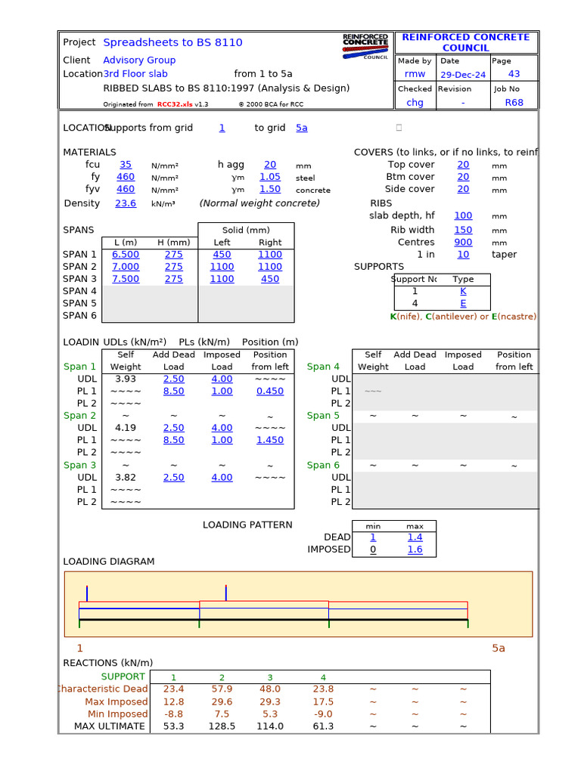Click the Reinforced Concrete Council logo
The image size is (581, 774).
point(365,46)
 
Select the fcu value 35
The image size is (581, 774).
point(126,165)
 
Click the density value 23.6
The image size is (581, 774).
point(126,203)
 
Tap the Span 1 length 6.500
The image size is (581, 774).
point(126,255)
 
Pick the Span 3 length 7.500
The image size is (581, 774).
point(126,279)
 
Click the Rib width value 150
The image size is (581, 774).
point(463,231)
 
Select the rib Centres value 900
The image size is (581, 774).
point(463,243)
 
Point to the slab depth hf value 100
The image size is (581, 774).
point(463,216)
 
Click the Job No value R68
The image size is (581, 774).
point(514,103)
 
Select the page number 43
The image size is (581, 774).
point(514,74)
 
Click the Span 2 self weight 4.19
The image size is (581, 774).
point(126,428)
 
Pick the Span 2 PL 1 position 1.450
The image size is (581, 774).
point(270,440)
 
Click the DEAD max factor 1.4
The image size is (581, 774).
point(415,537)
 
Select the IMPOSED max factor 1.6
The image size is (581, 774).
point(415,550)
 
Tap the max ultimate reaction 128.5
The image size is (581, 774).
point(222,726)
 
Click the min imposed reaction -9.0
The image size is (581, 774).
point(323,714)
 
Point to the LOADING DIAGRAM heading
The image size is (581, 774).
point(108,562)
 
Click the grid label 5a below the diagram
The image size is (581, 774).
point(499,649)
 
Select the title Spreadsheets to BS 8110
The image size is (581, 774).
point(172,42)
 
